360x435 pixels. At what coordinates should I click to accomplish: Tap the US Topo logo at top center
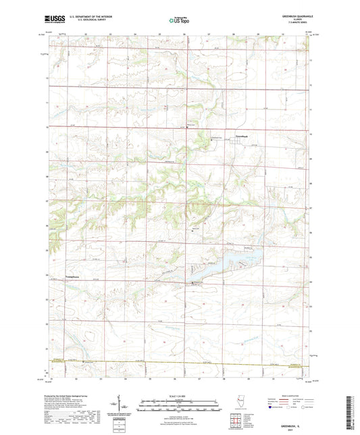point(180,20)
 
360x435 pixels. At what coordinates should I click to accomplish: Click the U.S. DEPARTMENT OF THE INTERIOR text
point(84,18)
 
